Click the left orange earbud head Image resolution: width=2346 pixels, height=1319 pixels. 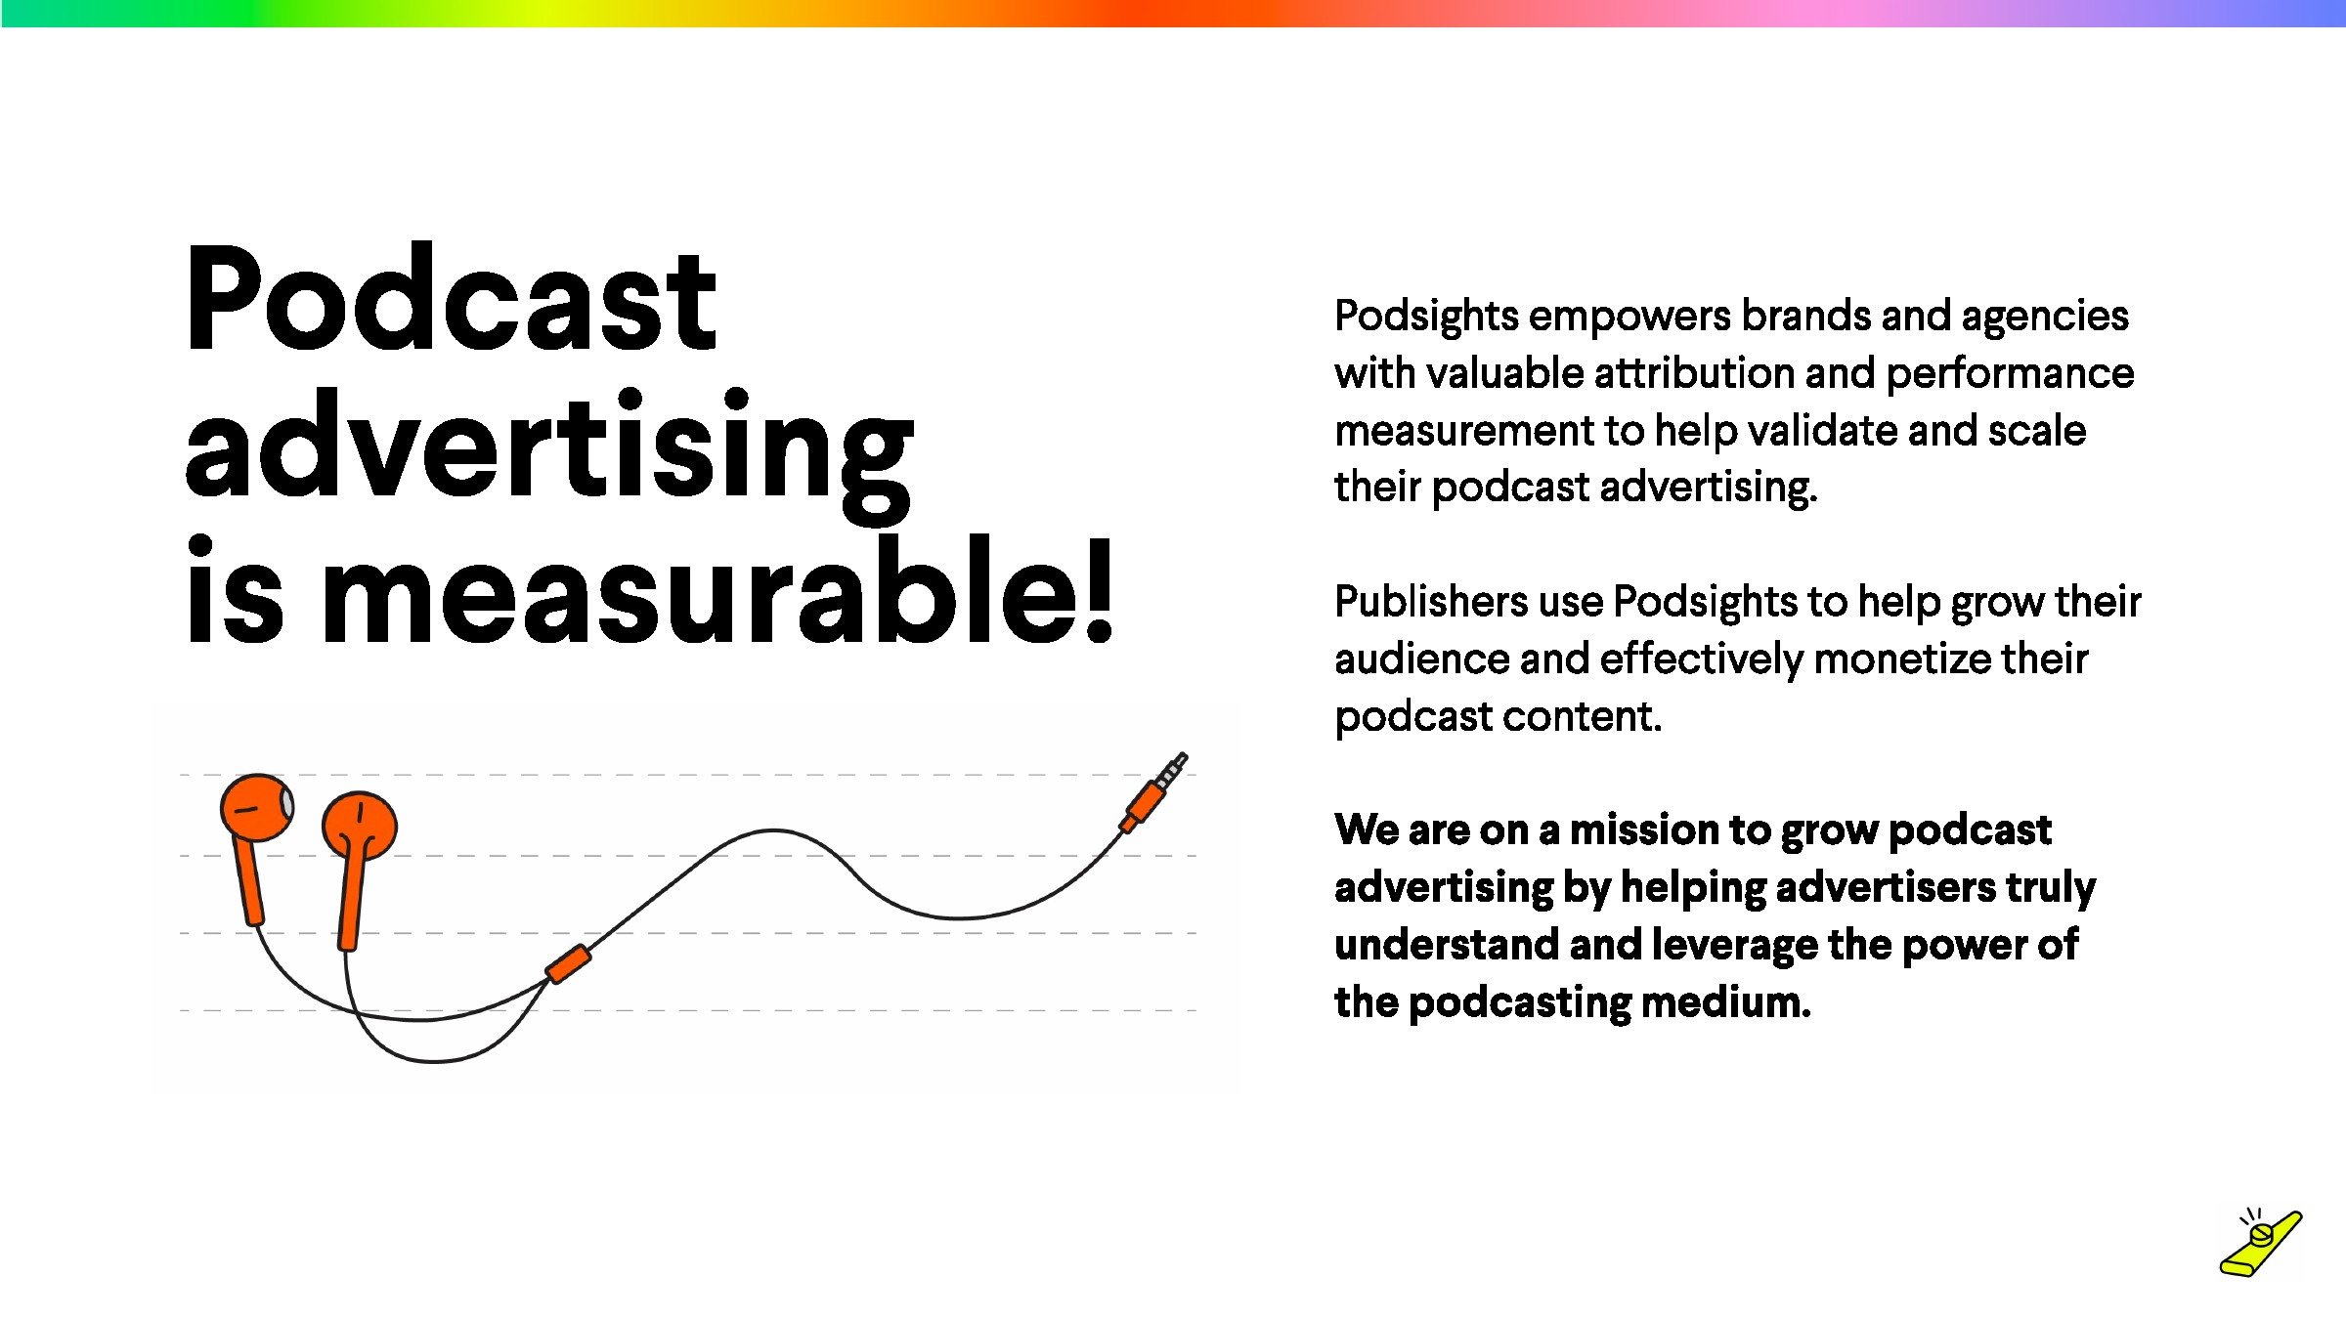click(257, 808)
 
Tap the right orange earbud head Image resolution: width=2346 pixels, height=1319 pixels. click(360, 827)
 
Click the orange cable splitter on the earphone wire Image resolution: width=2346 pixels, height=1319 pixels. click(568, 963)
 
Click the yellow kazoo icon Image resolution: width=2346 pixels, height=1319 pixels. click(2260, 1244)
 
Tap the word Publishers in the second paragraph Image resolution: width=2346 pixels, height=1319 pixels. click(1430, 602)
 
